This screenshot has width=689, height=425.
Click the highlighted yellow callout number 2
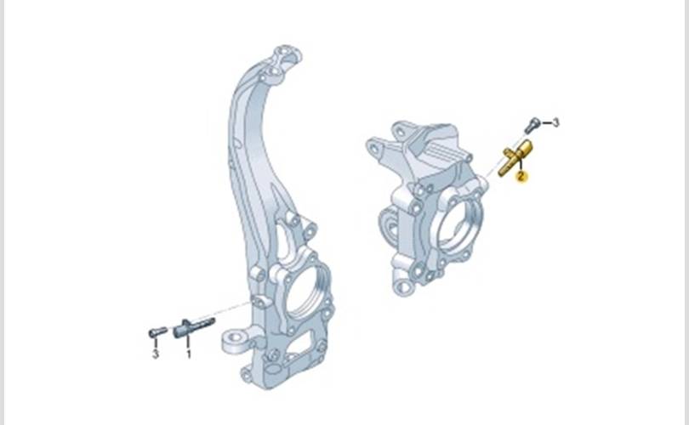(521, 177)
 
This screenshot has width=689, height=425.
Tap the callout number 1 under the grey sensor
(189, 354)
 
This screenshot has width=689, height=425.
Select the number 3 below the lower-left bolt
(155, 354)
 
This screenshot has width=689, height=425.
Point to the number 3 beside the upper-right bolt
(555, 122)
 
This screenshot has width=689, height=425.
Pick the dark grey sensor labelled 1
(193, 327)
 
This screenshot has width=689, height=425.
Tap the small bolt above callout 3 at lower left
(157, 332)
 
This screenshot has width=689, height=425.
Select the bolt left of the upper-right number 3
(532, 125)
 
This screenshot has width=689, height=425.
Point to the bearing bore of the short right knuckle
(457, 226)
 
